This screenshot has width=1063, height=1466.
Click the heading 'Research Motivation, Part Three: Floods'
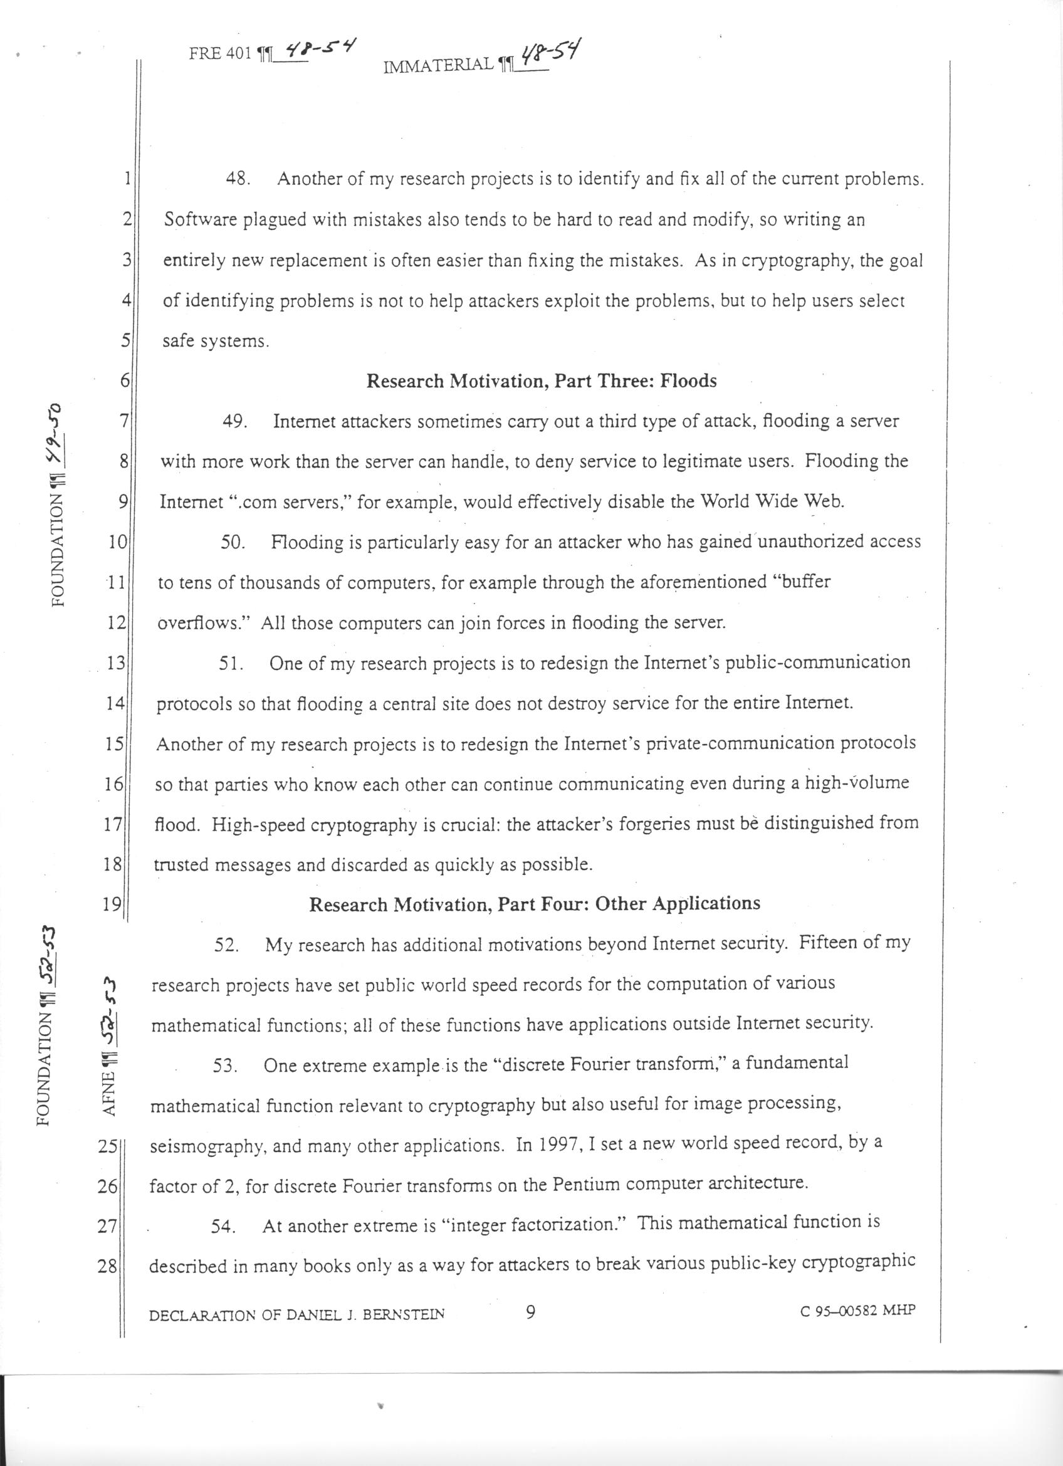coord(542,380)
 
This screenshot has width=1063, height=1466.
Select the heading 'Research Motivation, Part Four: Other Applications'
coord(535,903)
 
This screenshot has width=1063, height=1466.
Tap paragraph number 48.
coord(238,179)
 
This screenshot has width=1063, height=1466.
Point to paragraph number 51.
coord(230,664)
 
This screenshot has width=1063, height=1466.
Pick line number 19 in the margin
coord(112,904)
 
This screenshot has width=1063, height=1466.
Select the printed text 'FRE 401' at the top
coord(219,55)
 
